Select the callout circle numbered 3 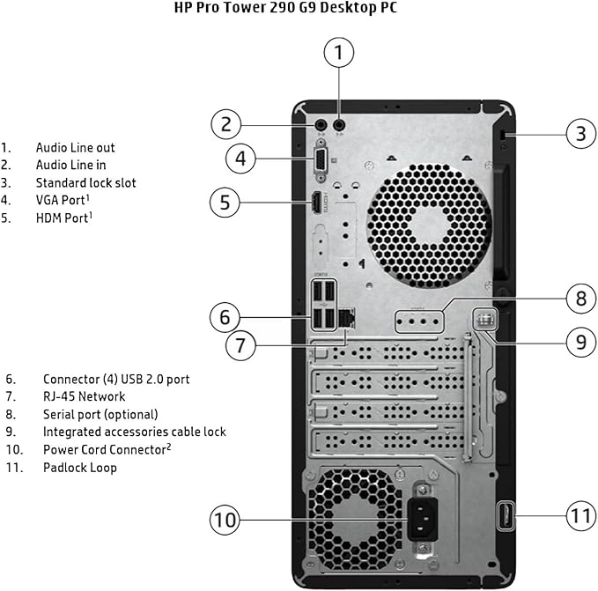pos(580,134)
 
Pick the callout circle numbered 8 pos(580,299)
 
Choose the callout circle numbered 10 pos(225,521)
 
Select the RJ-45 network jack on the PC pos(346,314)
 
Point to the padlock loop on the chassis pos(506,516)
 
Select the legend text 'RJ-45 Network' pos(84,396)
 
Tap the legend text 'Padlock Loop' pos(79,468)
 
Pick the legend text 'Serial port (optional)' pos(100,414)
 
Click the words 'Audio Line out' pos(75,148)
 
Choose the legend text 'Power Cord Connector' pos(104,450)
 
